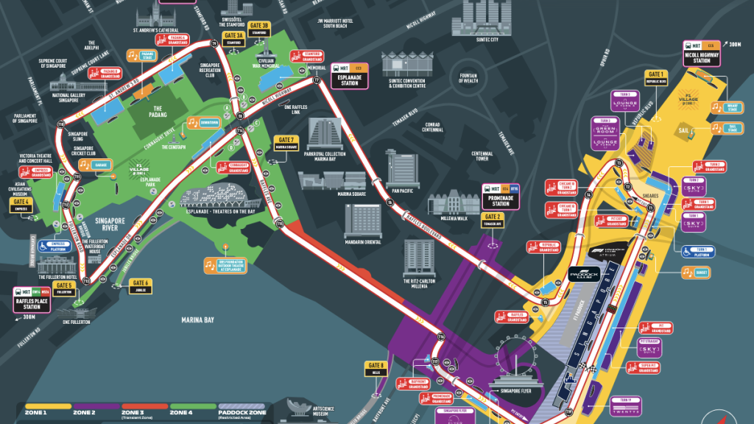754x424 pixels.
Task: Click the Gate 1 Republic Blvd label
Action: [655, 77]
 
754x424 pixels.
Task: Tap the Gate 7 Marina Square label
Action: [286, 142]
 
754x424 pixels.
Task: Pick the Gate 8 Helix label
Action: [376, 368]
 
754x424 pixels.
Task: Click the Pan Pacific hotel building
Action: [399, 170]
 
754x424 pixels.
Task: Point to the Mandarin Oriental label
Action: [363, 241]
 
